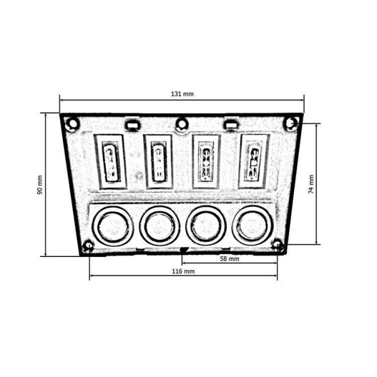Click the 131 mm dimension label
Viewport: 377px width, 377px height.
click(x=182, y=94)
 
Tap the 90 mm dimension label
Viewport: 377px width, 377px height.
click(x=40, y=185)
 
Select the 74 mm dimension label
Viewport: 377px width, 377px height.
click(x=311, y=184)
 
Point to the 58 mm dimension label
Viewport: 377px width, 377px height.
click(x=229, y=259)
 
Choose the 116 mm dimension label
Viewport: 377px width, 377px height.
click(x=183, y=271)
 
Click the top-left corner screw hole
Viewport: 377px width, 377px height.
click(x=72, y=124)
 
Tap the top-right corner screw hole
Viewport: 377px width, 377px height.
click(x=292, y=123)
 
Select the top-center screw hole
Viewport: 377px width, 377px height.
click(x=182, y=124)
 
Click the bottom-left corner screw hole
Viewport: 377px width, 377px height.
click(x=89, y=246)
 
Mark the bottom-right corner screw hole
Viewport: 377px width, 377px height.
click(x=278, y=245)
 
